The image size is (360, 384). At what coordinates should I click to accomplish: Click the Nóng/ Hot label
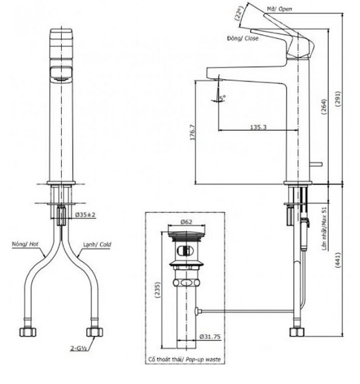point(25,244)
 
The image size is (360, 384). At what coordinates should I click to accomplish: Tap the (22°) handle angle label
point(239,14)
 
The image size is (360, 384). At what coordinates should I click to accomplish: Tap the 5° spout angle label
point(222,98)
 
